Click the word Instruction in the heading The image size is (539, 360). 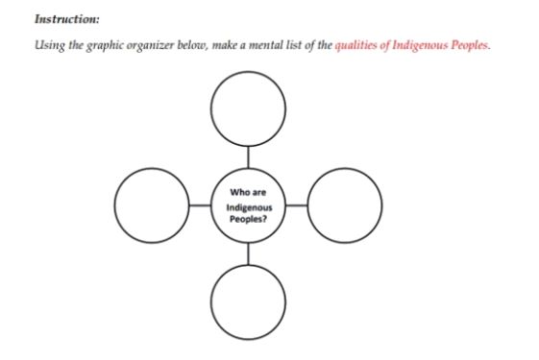click(64, 18)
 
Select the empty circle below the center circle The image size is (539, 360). click(248, 300)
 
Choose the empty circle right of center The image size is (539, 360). click(345, 204)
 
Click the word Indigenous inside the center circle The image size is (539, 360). click(249, 206)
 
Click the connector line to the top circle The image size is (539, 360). click(248, 156)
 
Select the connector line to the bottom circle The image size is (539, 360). click(248, 252)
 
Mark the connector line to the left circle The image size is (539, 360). click(200, 204)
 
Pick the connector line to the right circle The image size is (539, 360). click(297, 204)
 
